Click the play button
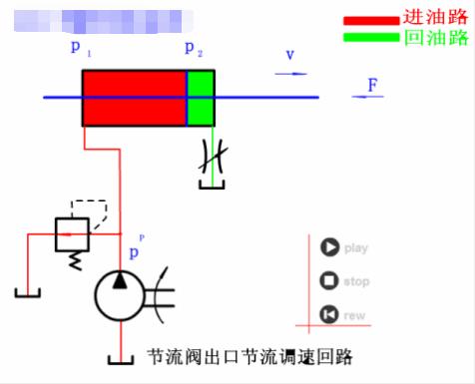pos(329,247)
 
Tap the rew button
pos(329,315)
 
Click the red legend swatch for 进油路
pos(370,20)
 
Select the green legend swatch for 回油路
pos(370,38)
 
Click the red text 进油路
pos(435,18)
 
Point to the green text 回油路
pos(435,38)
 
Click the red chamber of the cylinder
pos(135,98)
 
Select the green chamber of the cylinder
pos(201,98)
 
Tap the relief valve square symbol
pos(69,234)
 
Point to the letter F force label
pos(371,85)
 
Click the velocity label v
pos(290,55)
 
